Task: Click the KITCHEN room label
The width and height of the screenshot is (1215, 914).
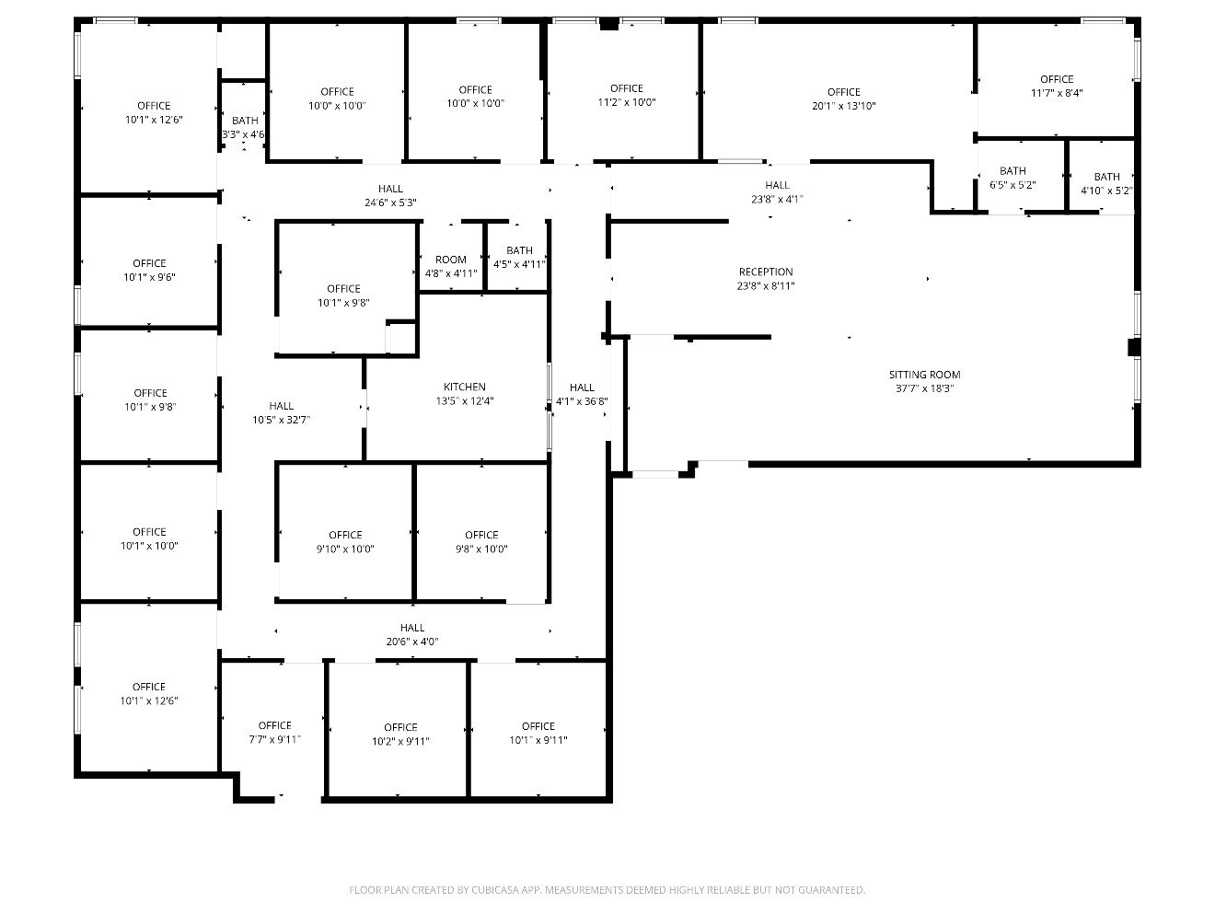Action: (x=465, y=387)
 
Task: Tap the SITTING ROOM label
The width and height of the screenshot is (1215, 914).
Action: (x=924, y=375)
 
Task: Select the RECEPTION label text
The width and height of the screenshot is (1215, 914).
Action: (x=766, y=272)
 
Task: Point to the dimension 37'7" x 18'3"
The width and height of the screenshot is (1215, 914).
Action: (x=924, y=388)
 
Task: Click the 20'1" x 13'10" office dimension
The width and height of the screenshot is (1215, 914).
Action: (x=843, y=106)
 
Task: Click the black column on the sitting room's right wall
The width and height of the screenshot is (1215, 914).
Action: (x=1133, y=347)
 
